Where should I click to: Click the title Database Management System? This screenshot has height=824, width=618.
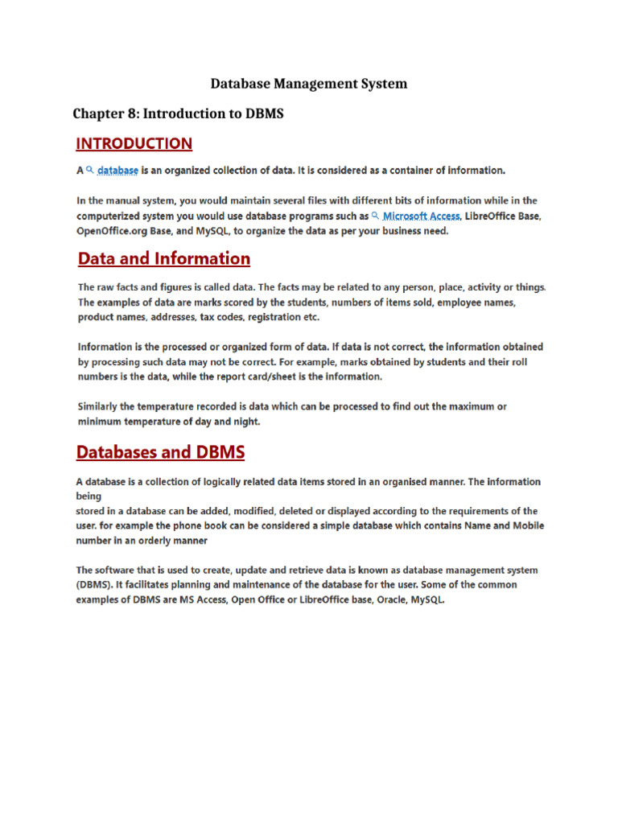(308, 84)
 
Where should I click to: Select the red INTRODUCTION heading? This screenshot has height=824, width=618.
(134, 144)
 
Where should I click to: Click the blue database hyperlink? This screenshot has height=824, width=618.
(117, 171)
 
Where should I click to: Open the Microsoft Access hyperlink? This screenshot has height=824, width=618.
(421, 216)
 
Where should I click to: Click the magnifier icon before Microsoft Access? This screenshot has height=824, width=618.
(375, 215)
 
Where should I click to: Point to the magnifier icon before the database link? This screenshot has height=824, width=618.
(90, 170)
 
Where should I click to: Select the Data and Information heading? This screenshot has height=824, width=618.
(163, 258)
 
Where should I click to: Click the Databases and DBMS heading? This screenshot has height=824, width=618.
(160, 452)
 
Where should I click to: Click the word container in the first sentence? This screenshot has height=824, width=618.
(406, 171)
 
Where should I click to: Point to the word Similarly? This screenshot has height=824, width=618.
(102, 406)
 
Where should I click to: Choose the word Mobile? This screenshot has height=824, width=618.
(526, 525)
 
